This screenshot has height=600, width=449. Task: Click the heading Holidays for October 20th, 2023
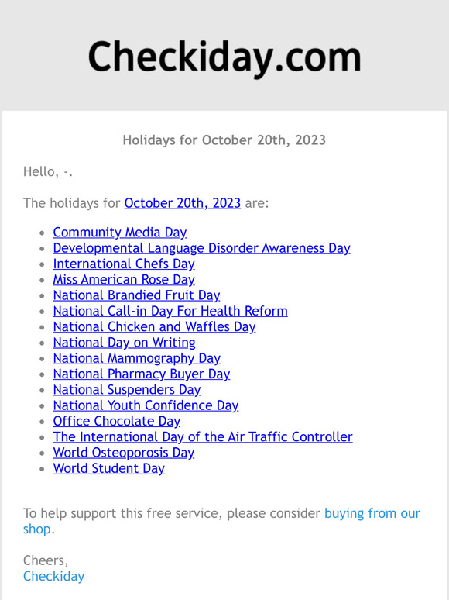point(224,140)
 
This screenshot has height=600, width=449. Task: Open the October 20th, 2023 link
point(182,203)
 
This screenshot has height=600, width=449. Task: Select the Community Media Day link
point(119,232)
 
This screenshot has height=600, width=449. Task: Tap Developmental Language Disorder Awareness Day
point(201,248)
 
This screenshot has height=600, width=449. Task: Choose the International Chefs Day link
point(123,264)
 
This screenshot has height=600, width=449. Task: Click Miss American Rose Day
point(123,279)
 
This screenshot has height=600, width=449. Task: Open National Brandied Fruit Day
point(136,295)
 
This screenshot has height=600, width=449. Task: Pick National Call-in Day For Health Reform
point(170,311)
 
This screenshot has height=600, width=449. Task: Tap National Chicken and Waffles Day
point(154,326)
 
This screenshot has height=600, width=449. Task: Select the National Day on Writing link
point(124,342)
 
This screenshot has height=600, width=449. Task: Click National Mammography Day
point(136,358)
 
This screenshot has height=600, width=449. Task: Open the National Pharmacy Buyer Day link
point(141,374)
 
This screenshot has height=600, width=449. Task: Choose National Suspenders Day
point(126,389)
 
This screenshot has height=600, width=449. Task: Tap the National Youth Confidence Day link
point(146,405)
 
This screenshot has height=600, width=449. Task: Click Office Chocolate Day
point(116,421)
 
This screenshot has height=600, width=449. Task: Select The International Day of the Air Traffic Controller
point(202,436)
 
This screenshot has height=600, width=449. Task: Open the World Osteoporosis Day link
point(123,453)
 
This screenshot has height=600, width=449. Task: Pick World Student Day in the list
point(108,468)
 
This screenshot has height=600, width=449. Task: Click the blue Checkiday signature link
point(53,576)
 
